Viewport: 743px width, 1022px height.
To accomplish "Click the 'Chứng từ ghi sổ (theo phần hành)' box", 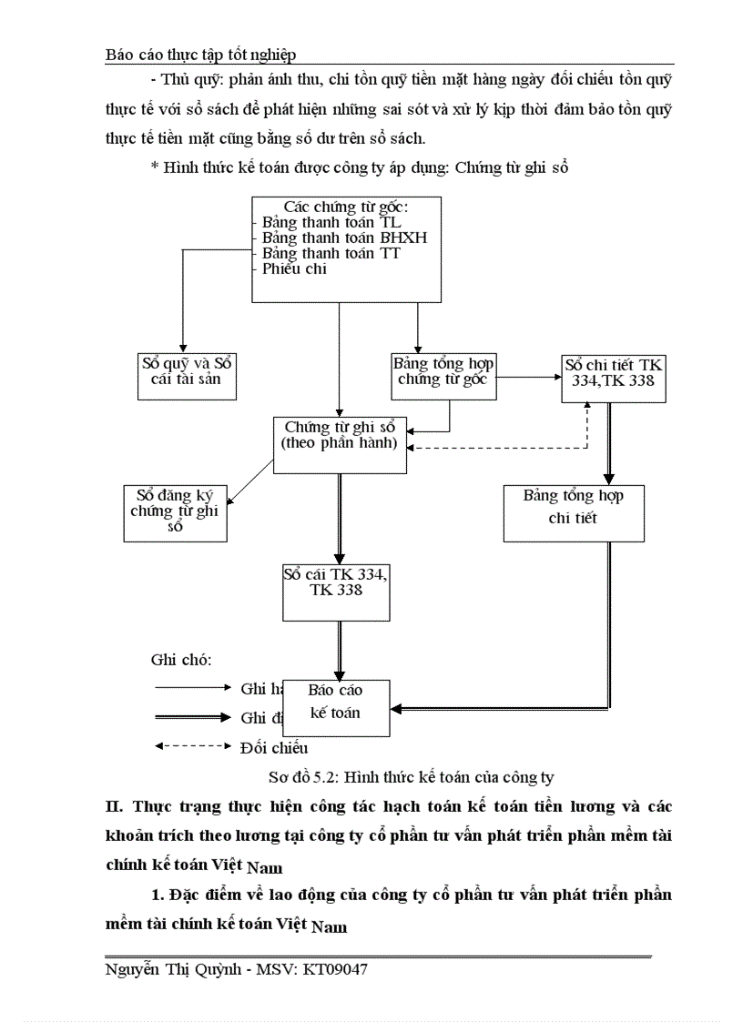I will click(340, 443).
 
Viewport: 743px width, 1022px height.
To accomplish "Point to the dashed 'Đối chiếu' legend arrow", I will click(192, 747).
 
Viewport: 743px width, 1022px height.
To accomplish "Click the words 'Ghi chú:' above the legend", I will click(180, 660).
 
